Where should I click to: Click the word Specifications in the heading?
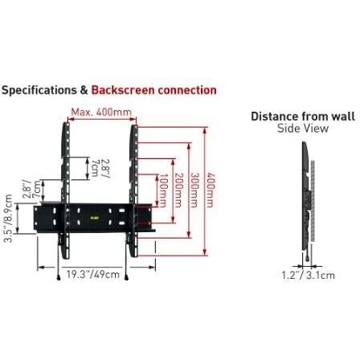[39, 91]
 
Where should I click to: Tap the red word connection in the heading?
[187, 90]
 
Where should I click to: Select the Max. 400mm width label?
[101, 112]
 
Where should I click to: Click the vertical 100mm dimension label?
[162, 190]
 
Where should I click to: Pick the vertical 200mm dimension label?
[178, 190]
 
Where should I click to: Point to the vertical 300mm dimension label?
[194, 190]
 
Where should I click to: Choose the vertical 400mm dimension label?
[211, 190]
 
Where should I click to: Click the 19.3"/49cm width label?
[93, 275]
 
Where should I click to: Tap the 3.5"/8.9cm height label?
[9, 219]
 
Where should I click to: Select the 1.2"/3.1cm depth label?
[308, 275]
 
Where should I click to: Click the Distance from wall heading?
[303, 117]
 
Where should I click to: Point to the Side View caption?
[303, 129]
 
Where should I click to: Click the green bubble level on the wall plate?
[94, 218]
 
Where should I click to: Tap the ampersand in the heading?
[84, 90]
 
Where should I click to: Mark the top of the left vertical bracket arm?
[66, 124]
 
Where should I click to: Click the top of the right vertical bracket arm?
[134, 126]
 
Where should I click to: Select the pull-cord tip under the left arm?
[59, 278]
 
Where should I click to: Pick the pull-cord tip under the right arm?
[126, 278]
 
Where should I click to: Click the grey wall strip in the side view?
[313, 201]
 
